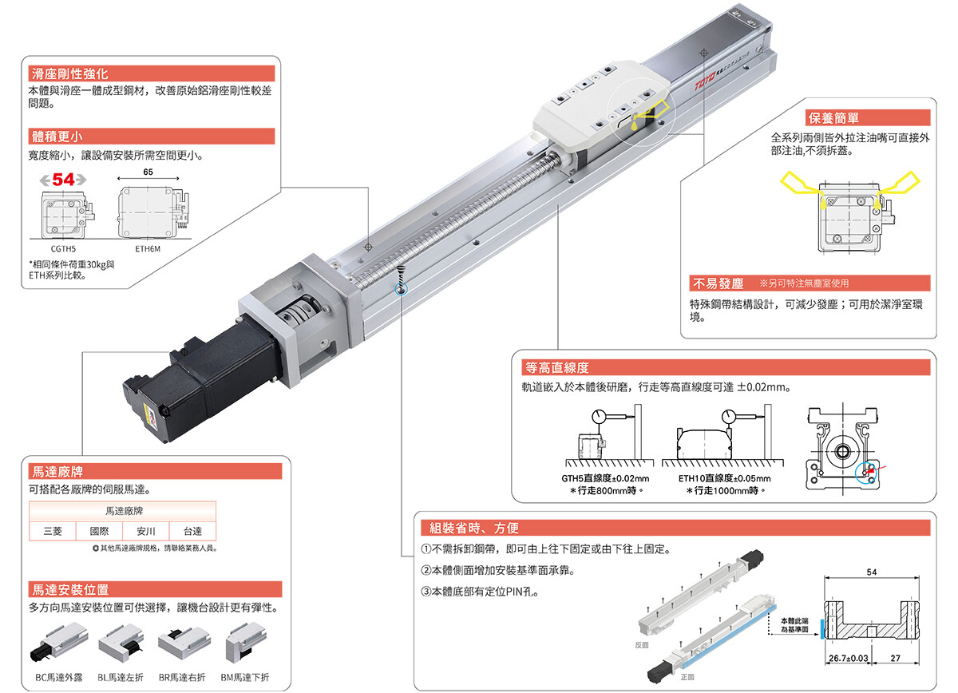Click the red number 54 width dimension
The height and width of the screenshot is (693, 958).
63,180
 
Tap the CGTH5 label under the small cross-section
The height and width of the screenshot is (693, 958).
63,249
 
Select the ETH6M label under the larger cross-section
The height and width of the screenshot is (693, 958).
148,249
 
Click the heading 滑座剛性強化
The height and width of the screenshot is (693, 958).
70,74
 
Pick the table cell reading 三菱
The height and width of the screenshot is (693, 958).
53,531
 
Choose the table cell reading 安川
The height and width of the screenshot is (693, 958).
146,531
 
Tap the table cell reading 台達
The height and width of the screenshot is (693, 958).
192,531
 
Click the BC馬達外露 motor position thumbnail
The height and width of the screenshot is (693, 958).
59,641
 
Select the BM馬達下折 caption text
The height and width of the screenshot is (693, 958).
245,677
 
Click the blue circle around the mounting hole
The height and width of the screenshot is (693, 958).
401,290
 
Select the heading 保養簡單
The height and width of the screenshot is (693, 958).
833,118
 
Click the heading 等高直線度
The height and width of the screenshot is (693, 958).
557,367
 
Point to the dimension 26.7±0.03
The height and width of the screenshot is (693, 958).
848,658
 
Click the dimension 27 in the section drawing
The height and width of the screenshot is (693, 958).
895,658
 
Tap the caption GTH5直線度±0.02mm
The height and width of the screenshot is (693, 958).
605,478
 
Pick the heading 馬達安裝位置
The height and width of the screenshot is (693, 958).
70,589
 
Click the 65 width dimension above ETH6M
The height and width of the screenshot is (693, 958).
148,172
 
